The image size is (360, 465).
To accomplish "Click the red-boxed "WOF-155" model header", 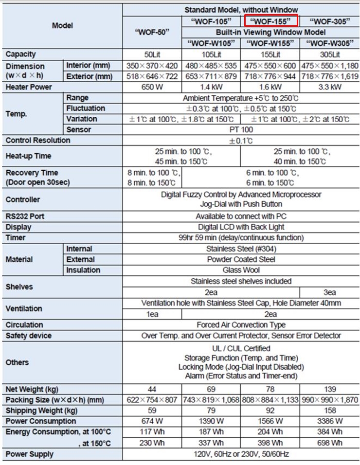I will [270, 21].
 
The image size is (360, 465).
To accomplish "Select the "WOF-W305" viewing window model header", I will [330, 43].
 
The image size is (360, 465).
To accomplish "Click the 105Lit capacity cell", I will [211, 54].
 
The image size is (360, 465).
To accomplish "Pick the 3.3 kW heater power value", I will [330, 87].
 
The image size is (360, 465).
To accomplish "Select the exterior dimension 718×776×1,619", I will [330, 76].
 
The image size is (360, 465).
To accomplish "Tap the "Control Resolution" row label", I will [38, 141].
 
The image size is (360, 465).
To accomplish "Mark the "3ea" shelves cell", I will [330, 292].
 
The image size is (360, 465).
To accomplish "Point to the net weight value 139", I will [330, 390].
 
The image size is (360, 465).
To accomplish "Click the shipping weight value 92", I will [270, 411].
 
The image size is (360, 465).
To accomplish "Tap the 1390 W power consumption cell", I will [211, 421].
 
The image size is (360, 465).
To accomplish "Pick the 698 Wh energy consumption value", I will [330, 443].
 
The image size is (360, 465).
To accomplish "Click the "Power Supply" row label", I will [30, 454].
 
